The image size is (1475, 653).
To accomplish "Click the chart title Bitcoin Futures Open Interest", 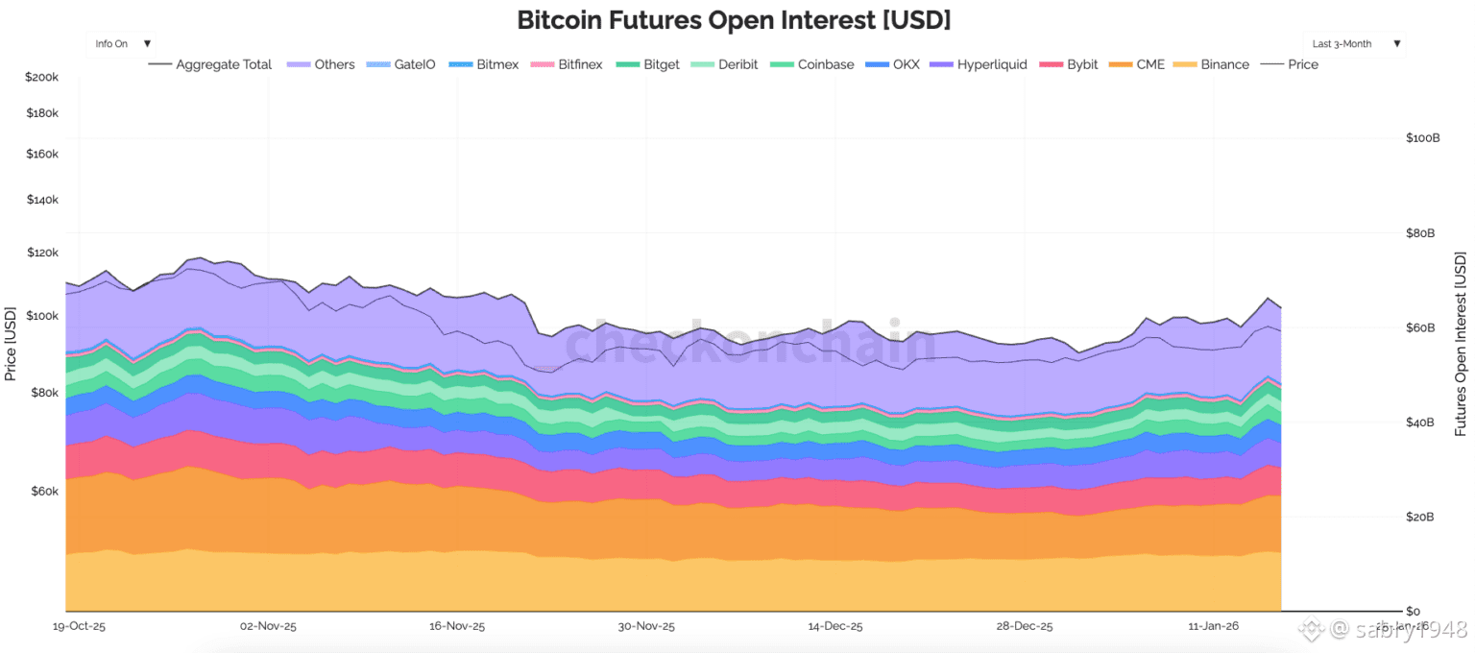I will pyautogui.click(x=734, y=19).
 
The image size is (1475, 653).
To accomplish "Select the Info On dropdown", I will pyautogui.click(x=122, y=43).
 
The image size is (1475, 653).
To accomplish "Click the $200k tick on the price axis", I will pyautogui.click(x=42, y=77).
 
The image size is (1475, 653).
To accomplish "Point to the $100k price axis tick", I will pyautogui.click(x=42, y=316).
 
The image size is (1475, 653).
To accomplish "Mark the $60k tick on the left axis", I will pyautogui.click(x=44, y=492).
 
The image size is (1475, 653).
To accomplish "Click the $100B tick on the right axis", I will pyautogui.click(x=1422, y=138).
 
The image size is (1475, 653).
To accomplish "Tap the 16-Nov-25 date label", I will pyautogui.click(x=457, y=626).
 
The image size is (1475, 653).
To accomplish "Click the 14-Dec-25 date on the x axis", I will pyautogui.click(x=834, y=626).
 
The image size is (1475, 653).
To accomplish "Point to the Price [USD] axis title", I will pyautogui.click(x=11, y=344).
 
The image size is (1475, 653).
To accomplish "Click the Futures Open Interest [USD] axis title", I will pyautogui.click(x=1460, y=344).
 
